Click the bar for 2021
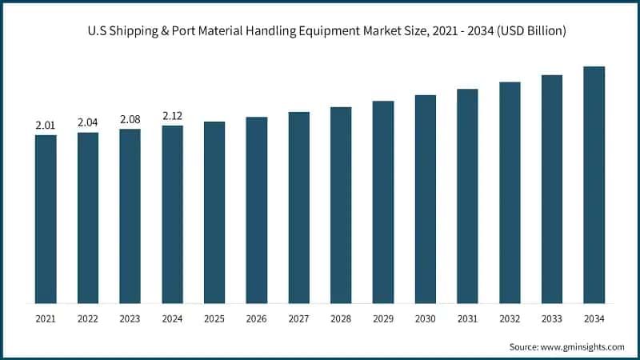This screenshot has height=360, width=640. pyautogui.click(x=46, y=219)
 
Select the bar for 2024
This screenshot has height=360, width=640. pyautogui.click(x=172, y=214)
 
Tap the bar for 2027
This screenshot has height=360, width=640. pyautogui.click(x=298, y=208)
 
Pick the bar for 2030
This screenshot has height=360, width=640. pyautogui.click(x=425, y=199)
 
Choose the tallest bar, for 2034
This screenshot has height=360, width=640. pyautogui.click(x=594, y=185)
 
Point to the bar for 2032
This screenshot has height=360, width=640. pyautogui.click(x=510, y=193)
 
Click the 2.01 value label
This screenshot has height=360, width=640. pyautogui.click(x=45, y=126)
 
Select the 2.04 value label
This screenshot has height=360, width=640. pyautogui.click(x=87, y=122)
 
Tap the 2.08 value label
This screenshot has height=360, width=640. pyautogui.click(x=130, y=119)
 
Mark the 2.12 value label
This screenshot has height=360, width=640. pyautogui.click(x=172, y=116)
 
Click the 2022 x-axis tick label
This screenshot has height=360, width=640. pyautogui.click(x=87, y=318)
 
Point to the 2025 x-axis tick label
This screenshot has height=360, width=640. pyautogui.click(x=214, y=318)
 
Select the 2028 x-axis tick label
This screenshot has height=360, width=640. pyautogui.click(x=341, y=318)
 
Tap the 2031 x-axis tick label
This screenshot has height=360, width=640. pyautogui.click(x=467, y=318)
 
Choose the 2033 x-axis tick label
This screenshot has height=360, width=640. pyautogui.click(x=552, y=318)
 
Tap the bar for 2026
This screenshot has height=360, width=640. pyautogui.click(x=256, y=210)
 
